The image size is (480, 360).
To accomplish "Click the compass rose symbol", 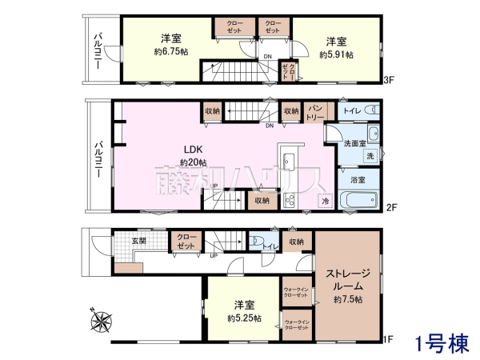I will click(x=103, y=321).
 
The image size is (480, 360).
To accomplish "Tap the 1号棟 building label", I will click(x=441, y=344).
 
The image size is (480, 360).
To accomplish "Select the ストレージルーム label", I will click(x=346, y=279).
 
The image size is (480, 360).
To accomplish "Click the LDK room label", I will click(x=194, y=150).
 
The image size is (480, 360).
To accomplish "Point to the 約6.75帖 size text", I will click(x=172, y=51).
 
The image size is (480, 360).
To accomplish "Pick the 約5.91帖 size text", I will click(x=336, y=54).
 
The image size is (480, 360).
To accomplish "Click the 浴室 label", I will click(x=358, y=180).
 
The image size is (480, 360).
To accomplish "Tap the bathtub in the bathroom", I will click(x=358, y=200).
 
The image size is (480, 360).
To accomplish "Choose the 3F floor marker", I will click(x=390, y=79).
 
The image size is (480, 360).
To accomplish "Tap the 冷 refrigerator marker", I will click(x=325, y=200).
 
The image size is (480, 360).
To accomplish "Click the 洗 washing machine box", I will click(x=370, y=156).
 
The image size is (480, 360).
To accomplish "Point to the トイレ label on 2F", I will click(x=351, y=111).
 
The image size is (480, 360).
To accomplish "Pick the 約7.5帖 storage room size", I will click(x=348, y=299).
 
